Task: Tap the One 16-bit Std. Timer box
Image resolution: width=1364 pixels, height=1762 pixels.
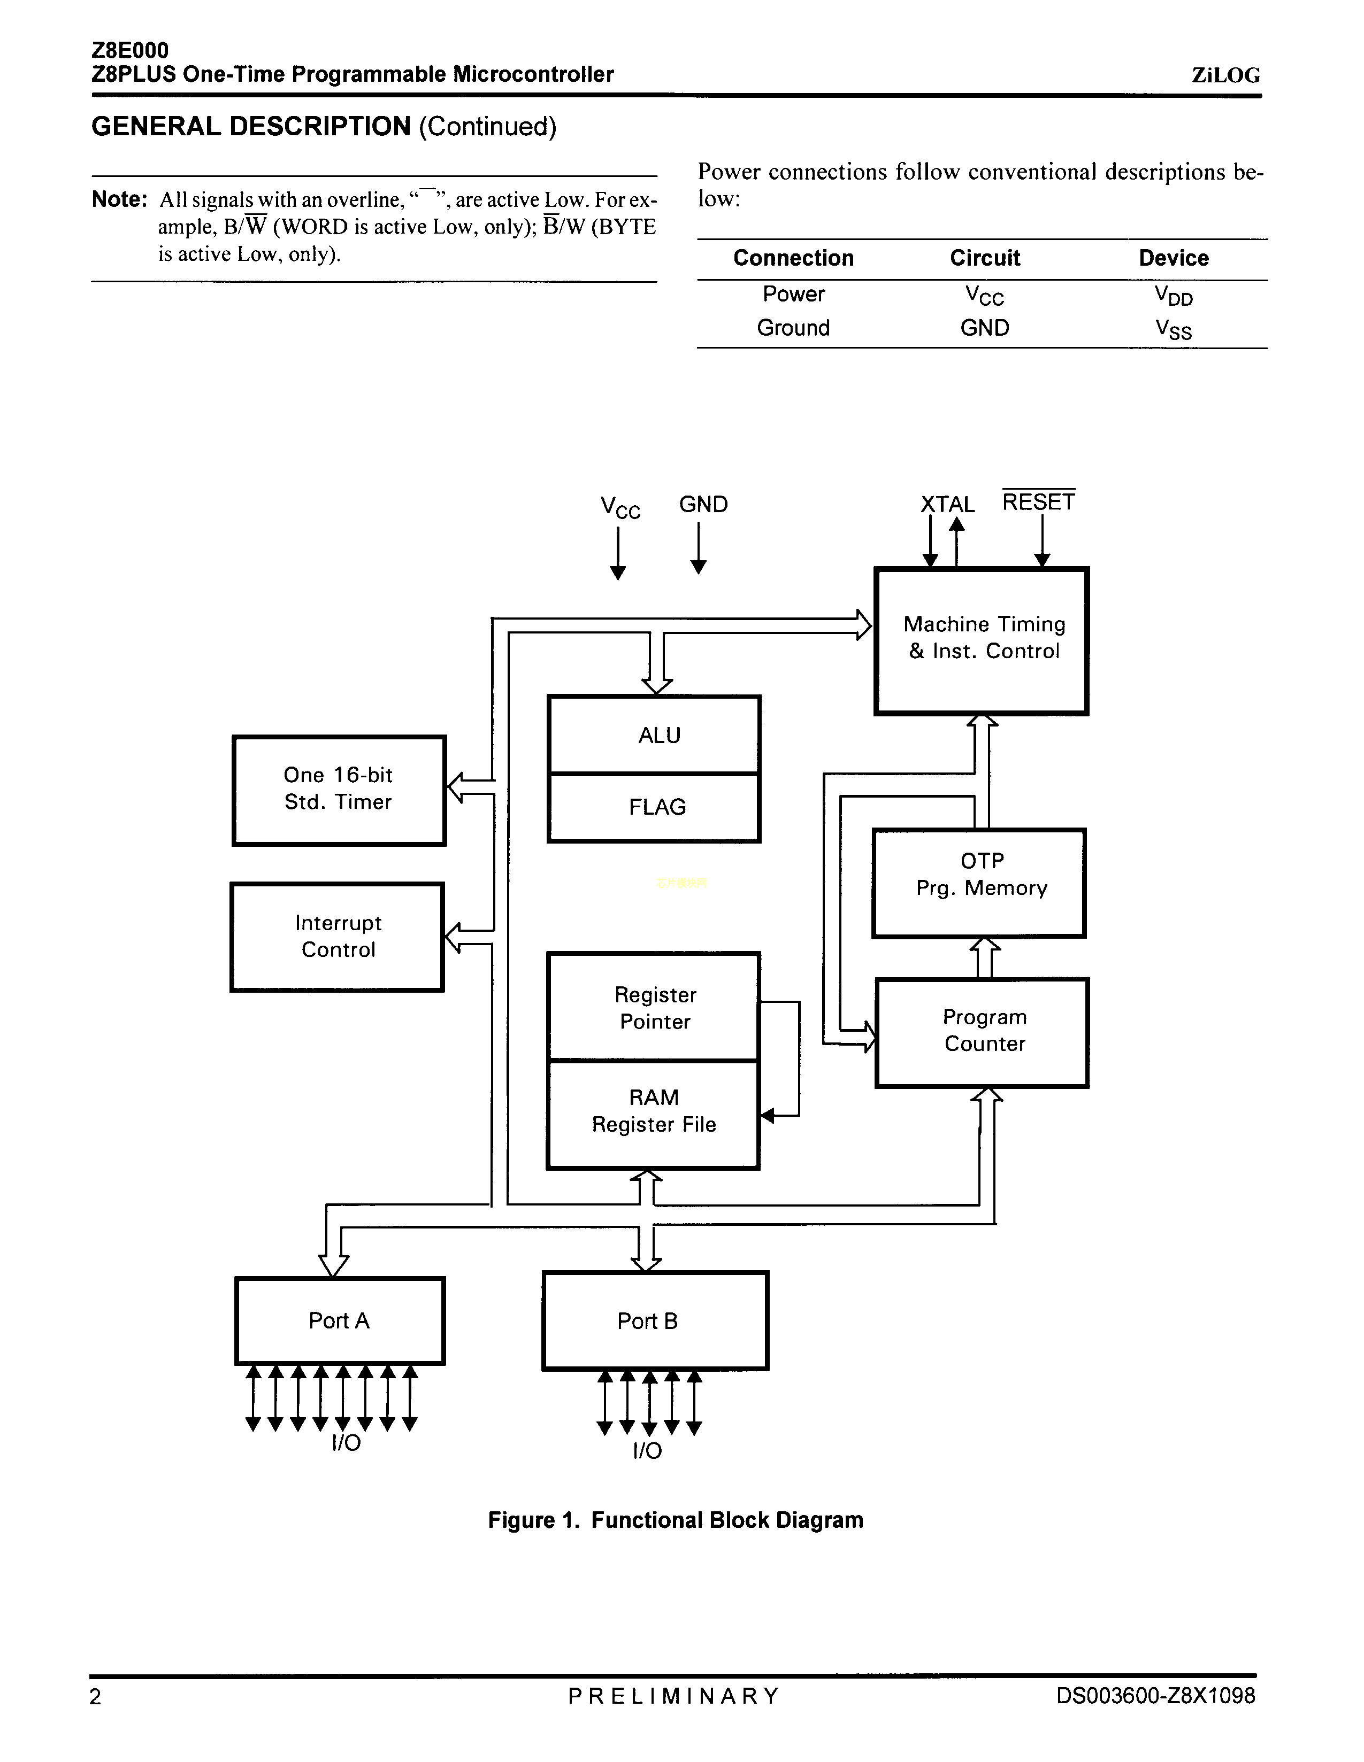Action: [x=339, y=790]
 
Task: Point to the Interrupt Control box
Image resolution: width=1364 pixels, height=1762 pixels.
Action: [x=338, y=937]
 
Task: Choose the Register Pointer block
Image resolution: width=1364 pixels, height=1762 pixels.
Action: [x=654, y=1007]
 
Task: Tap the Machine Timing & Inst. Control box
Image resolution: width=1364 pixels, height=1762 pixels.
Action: [x=982, y=640]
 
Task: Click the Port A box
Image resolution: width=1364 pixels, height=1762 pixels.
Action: [x=340, y=1320]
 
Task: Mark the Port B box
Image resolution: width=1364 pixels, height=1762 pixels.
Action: [x=655, y=1320]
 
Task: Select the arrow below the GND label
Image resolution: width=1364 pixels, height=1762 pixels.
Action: [x=699, y=548]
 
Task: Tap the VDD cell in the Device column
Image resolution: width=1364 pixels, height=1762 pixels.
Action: [x=1174, y=295]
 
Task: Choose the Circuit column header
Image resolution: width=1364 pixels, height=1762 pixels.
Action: [x=985, y=258]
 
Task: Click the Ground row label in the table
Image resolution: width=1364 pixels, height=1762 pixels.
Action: [x=793, y=328]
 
